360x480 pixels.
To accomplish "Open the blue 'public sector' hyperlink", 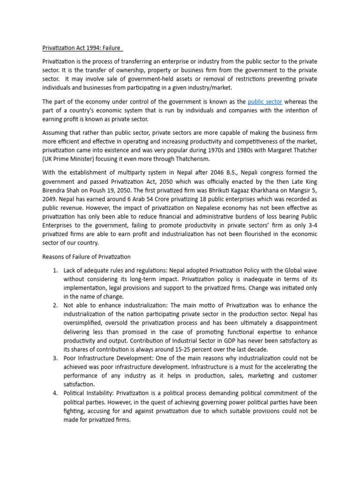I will pos(265,101).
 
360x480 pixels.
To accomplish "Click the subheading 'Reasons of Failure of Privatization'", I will pos(86,257).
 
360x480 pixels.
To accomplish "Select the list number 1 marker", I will pos(55,270).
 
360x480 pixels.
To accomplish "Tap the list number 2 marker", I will pos(55,306).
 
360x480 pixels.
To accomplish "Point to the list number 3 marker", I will pos(55,358).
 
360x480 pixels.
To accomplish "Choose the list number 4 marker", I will pos(55,393).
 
